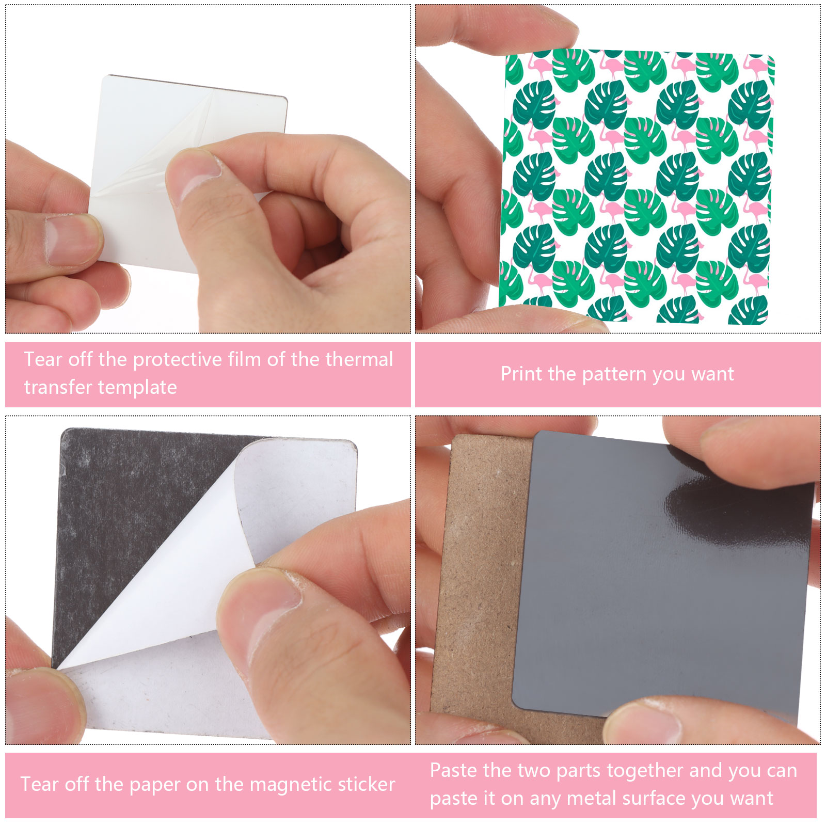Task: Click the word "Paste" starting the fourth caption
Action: [x=453, y=771]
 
